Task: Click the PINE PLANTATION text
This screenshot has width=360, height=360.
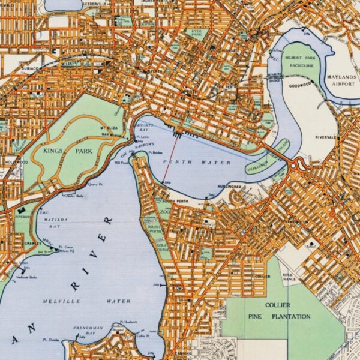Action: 279,316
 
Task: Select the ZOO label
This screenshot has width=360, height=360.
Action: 164,212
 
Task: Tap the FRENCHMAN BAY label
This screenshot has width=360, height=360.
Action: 89,331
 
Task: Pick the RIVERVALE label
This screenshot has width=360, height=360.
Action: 324,137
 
